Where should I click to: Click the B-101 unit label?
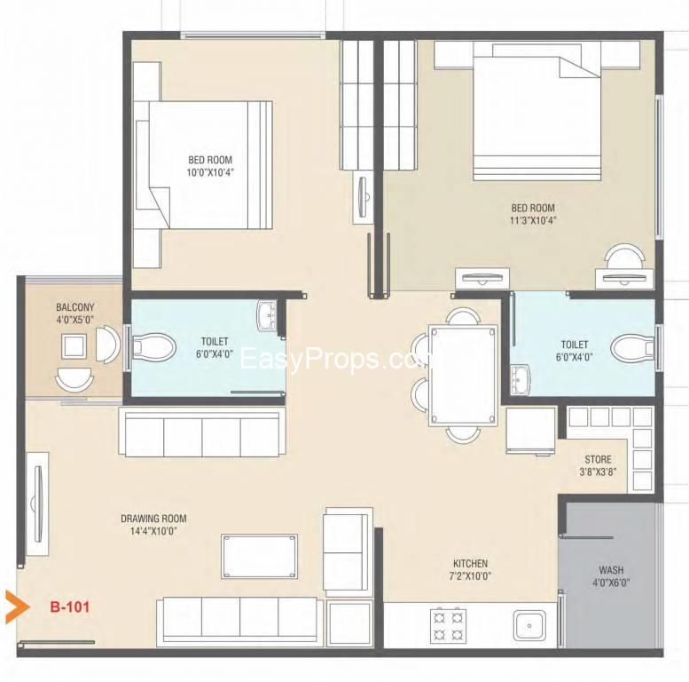(70, 607)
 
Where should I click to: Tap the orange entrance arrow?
(17, 607)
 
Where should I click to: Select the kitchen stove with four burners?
(448, 625)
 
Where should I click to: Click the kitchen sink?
(529, 626)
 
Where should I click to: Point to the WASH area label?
(611, 570)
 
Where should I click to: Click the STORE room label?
(598, 459)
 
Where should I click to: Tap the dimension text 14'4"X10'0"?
(153, 531)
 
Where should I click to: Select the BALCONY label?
(75, 307)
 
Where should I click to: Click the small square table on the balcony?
(74, 346)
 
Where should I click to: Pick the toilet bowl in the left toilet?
(153, 346)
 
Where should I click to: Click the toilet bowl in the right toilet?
(633, 348)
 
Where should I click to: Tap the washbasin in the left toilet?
(267, 315)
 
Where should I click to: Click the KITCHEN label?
(471, 563)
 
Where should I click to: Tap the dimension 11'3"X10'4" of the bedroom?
(533, 220)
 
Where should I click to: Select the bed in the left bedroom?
(203, 165)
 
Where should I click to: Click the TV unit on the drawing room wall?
(37, 504)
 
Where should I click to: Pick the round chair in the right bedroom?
(624, 257)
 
